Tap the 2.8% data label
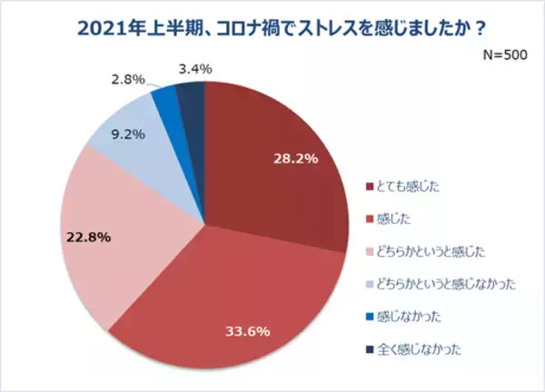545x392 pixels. click(x=126, y=79)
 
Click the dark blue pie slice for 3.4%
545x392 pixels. click(x=192, y=95)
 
